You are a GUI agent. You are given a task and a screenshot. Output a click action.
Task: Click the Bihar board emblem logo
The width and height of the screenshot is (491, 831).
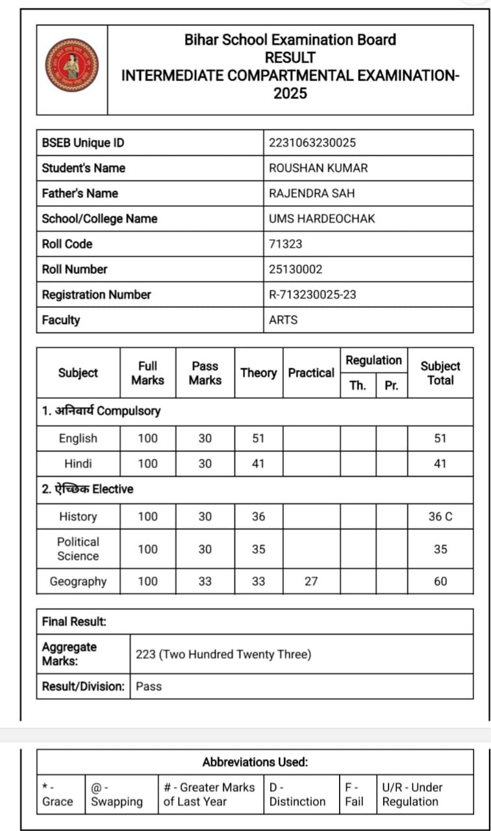(71, 65)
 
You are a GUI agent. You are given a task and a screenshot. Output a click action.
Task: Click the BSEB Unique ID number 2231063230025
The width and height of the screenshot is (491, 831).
(312, 143)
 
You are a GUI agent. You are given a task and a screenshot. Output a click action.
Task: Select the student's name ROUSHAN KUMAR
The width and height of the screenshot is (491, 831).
(318, 168)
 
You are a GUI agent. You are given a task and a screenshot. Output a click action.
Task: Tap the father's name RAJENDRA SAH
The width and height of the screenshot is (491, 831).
(312, 193)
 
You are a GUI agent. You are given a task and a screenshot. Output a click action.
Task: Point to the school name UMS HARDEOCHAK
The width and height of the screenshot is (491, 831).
(321, 219)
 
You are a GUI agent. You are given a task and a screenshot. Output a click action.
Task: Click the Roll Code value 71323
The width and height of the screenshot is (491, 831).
(286, 244)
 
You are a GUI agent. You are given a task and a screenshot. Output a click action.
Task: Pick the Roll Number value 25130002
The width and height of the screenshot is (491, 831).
(296, 269)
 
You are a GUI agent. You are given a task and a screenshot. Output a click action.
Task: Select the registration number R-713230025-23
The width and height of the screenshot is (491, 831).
(312, 295)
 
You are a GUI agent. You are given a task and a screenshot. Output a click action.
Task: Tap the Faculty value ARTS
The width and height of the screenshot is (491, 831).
(283, 320)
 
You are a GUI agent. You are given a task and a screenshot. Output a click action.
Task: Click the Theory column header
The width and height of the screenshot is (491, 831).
(258, 373)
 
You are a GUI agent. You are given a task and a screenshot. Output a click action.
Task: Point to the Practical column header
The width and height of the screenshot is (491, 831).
(311, 373)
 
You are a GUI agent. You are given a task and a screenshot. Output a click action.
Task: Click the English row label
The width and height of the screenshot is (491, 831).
(78, 438)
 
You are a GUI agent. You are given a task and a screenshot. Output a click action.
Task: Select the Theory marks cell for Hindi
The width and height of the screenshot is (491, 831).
(258, 464)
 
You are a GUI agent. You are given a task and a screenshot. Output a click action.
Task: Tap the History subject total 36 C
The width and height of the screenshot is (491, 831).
(440, 517)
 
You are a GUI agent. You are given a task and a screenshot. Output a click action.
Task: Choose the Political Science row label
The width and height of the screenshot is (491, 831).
(78, 549)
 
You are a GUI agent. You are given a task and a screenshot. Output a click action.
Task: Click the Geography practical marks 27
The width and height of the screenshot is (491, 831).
(311, 581)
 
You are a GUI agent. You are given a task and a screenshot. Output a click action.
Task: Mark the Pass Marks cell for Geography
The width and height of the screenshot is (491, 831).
(205, 581)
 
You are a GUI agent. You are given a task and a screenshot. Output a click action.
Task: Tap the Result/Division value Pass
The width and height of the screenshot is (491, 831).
(149, 686)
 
